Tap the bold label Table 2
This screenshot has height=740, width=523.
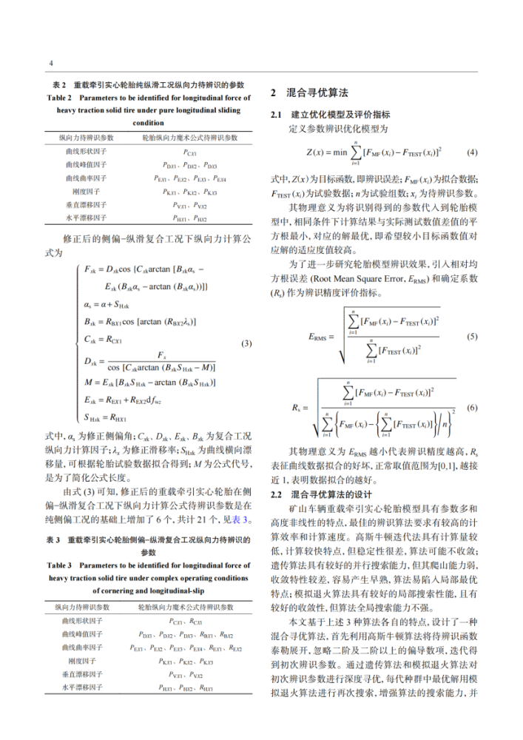(59, 97)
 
